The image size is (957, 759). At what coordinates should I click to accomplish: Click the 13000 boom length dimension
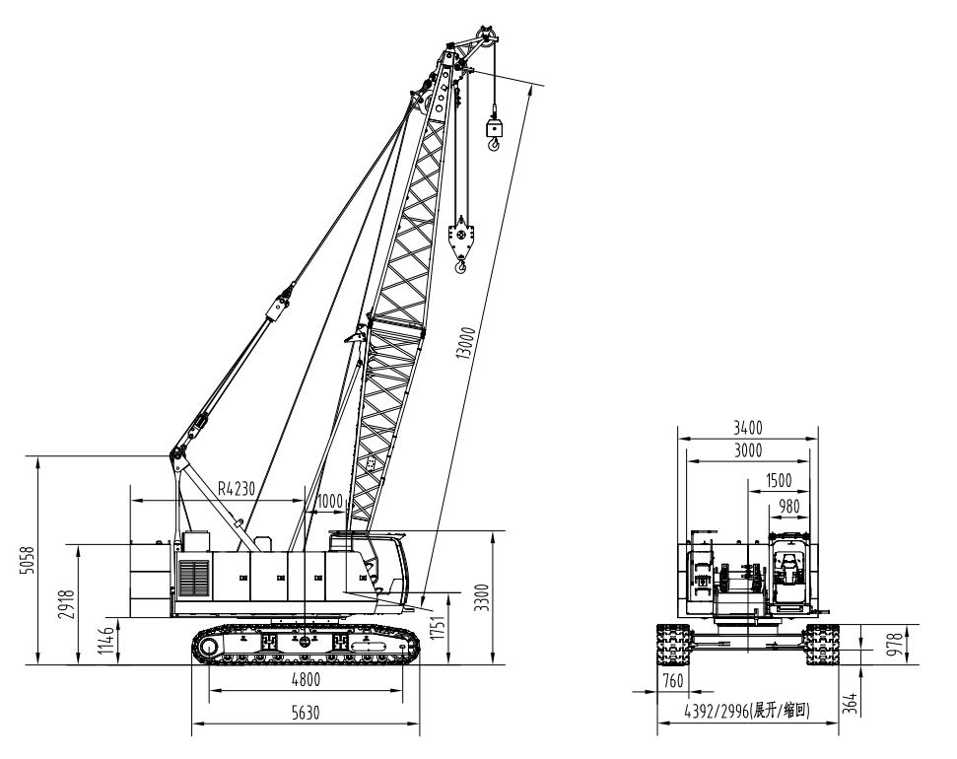[466, 344]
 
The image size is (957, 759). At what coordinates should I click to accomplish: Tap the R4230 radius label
[237, 489]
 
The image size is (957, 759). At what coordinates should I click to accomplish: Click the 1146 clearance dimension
[107, 641]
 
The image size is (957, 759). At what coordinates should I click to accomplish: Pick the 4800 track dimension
[305, 678]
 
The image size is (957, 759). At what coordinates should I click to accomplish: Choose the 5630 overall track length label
[306, 712]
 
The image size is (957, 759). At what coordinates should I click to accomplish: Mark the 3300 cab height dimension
[482, 597]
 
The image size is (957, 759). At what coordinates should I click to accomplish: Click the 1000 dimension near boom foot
[329, 502]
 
